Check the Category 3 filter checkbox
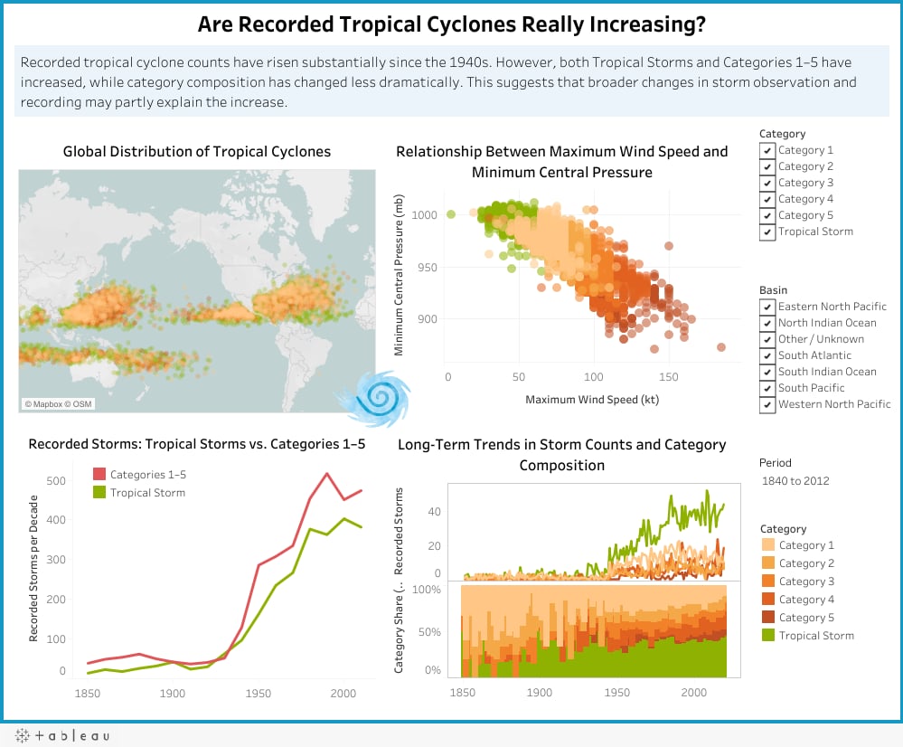tap(767, 183)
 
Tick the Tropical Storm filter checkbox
tap(767, 232)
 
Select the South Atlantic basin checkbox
tap(767, 355)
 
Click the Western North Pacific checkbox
tap(767, 404)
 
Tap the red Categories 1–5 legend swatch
tap(99, 474)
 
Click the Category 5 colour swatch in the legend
tap(767, 618)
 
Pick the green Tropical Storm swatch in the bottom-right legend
tap(767, 635)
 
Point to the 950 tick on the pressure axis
tap(427, 268)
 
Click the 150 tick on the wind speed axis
tap(669, 377)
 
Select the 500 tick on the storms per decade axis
tap(56, 481)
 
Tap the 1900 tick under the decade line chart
tap(172, 694)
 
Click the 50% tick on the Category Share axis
tap(429, 632)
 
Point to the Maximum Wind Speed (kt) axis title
tap(592, 400)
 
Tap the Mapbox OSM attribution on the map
tap(58, 404)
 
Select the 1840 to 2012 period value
tap(795, 481)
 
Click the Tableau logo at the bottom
tap(62, 735)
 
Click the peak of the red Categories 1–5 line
tap(327, 474)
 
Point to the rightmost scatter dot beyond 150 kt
tap(721, 347)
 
